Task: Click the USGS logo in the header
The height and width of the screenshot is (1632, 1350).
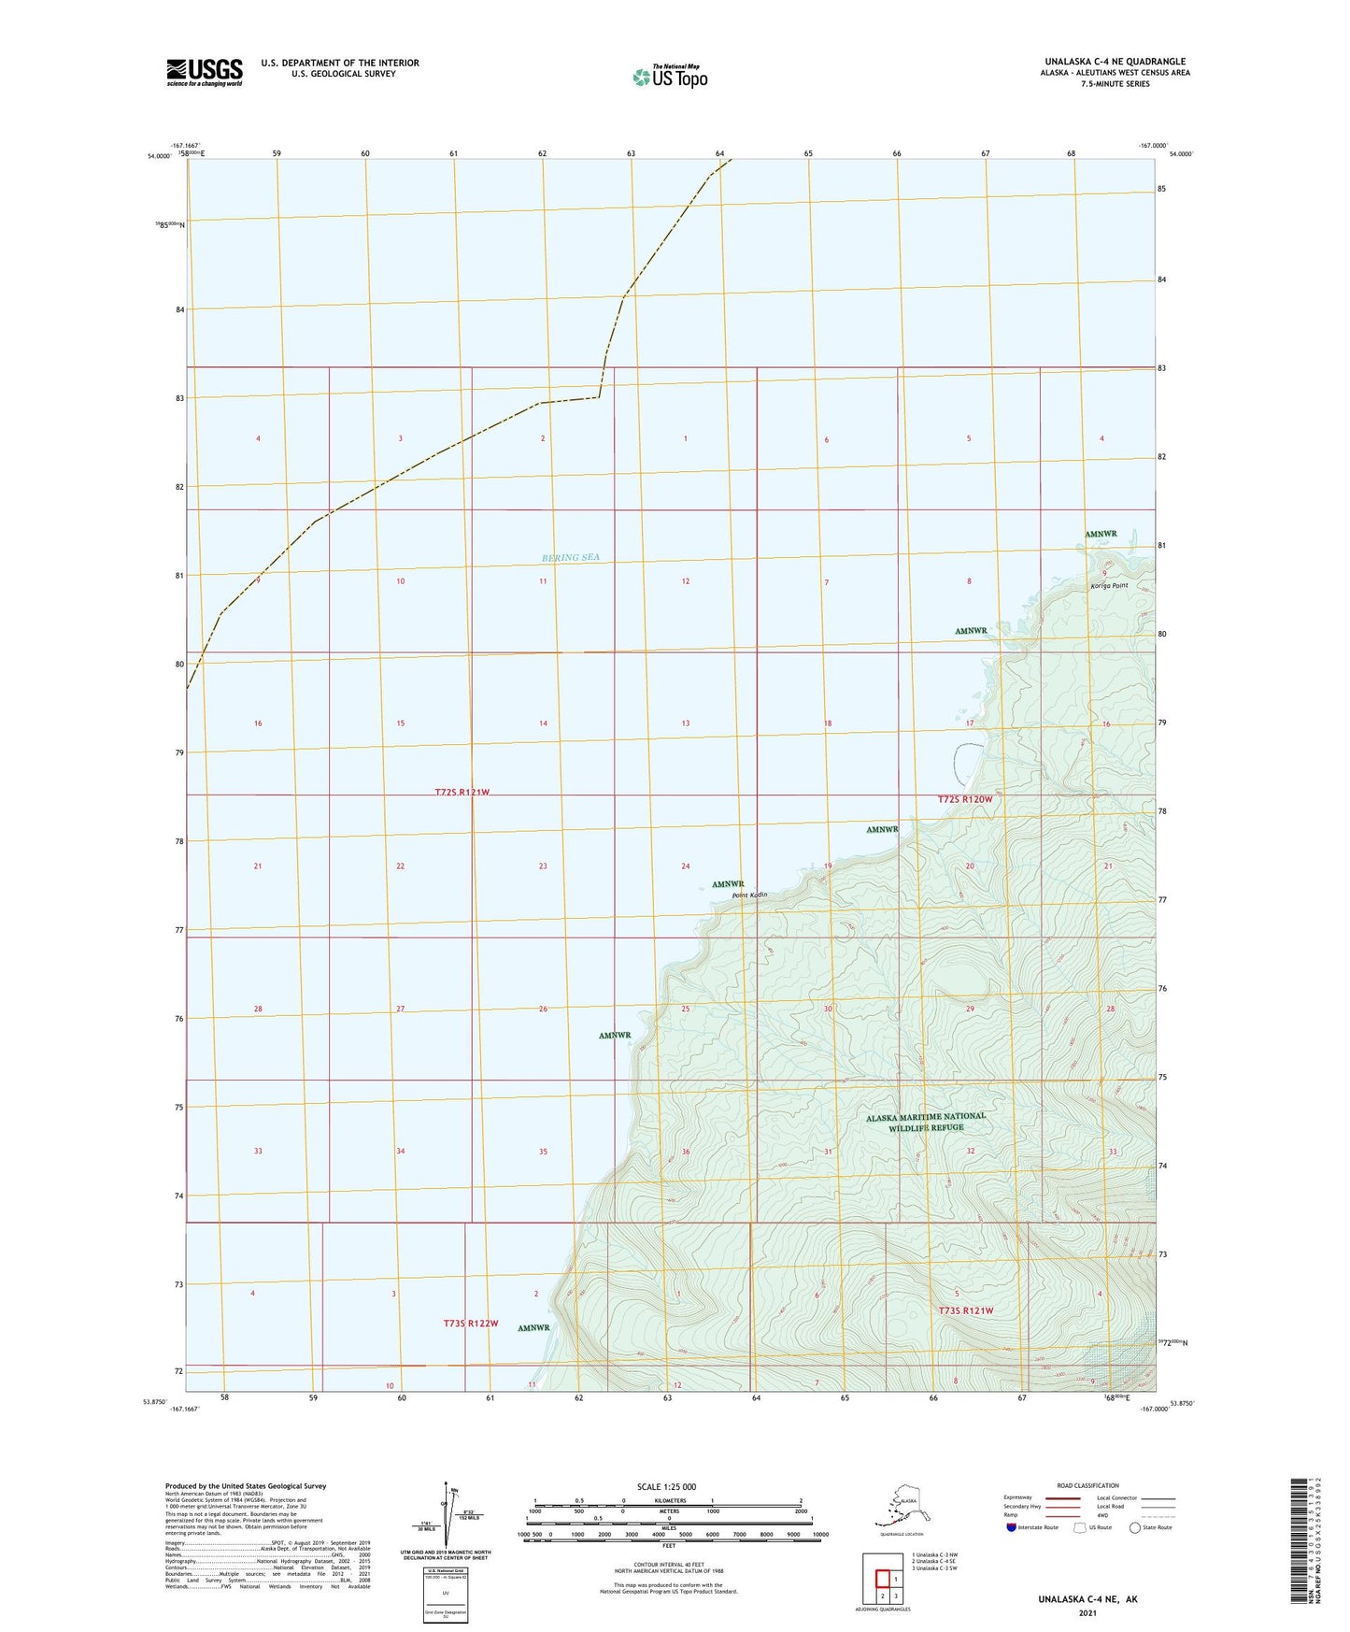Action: [204, 72]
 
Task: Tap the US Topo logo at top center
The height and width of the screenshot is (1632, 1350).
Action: [669, 76]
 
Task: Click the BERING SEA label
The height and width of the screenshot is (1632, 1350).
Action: [570, 558]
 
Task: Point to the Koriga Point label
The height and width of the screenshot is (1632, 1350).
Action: [1109, 586]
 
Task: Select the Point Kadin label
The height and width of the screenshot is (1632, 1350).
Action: [749, 895]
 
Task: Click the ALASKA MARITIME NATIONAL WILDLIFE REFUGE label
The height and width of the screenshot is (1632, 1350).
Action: [925, 1122]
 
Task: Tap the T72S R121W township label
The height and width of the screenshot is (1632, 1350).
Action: [462, 793]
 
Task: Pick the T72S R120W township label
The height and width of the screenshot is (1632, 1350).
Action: [964, 799]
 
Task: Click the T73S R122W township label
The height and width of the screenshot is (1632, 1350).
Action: [471, 1324]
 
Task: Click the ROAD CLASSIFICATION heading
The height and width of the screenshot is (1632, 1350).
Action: [1087, 1485]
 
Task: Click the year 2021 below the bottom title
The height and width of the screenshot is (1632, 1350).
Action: [1087, 1612]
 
